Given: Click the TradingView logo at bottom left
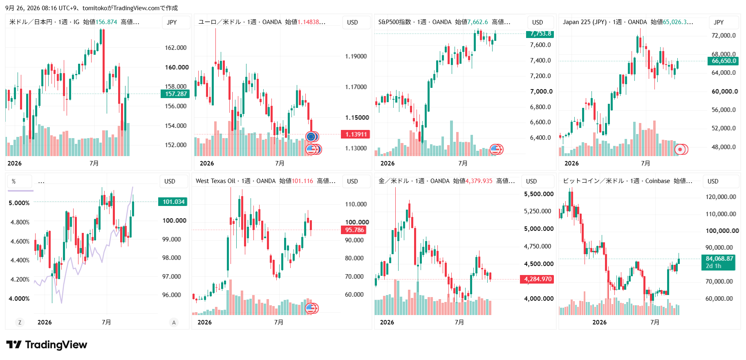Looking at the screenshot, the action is click(47, 345).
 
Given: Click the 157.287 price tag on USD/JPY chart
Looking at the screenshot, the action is click(176, 94).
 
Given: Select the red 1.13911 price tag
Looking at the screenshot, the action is click(356, 134).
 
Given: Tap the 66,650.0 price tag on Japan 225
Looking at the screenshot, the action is click(724, 61).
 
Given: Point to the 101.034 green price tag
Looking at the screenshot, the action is click(173, 202).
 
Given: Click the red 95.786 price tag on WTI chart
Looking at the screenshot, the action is click(354, 230).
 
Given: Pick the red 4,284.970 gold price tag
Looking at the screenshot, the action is click(538, 279).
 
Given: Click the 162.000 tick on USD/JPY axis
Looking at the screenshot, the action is click(176, 48).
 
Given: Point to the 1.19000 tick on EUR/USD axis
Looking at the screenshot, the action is click(356, 56).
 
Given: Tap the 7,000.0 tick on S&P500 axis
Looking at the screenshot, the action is click(541, 92).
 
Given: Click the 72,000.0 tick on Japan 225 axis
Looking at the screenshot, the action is click(724, 36).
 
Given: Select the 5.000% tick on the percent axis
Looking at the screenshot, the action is click(19, 203).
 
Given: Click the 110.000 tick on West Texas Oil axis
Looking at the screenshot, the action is click(356, 204).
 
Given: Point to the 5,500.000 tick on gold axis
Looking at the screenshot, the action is click(539, 194).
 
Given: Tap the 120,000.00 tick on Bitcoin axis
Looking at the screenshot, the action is click(721, 197).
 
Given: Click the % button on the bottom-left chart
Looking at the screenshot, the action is click(20, 181).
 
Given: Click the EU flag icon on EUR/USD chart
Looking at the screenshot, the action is click(311, 136).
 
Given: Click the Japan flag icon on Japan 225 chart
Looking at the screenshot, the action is click(680, 150).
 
